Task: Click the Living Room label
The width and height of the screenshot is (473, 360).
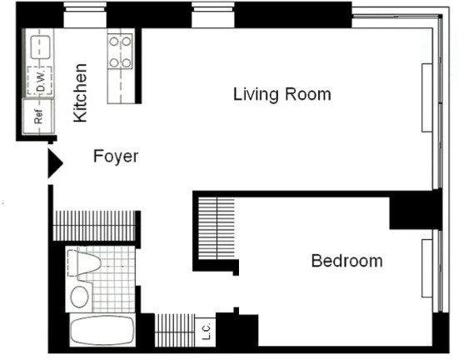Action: click(x=282, y=94)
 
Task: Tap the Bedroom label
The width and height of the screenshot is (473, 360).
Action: click(x=347, y=261)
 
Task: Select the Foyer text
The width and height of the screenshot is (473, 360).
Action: click(x=116, y=157)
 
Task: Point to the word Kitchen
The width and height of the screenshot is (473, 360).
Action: click(x=81, y=93)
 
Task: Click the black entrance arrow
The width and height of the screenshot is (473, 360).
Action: click(x=55, y=163)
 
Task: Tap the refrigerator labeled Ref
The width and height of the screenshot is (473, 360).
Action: click(x=38, y=117)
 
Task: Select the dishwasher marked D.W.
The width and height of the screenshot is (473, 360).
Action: click(x=40, y=81)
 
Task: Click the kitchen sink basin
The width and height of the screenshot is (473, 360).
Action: click(x=40, y=47)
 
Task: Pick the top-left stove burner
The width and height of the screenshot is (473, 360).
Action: click(x=114, y=42)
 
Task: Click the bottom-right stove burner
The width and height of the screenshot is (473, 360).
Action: click(x=127, y=63)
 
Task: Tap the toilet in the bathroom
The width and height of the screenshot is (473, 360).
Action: click(x=84, y=263)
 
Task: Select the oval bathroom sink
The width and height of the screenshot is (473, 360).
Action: click(x=80, y=297)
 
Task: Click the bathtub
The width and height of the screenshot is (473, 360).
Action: click(x=102, y=330)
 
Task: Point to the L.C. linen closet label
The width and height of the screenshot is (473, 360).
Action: click(x=206, y=332)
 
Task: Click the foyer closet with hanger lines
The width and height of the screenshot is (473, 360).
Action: click(x=94, y=226)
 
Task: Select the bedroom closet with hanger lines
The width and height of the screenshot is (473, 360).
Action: click(x=217, y=228)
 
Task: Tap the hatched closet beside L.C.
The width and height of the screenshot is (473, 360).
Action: click(x=175, y=330)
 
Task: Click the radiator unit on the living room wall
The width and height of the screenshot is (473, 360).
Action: click(x=427, y=97)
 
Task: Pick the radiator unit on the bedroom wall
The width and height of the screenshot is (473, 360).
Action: click(x=427, y=268)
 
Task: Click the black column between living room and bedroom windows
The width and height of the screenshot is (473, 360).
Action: click(x=416, y=210)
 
